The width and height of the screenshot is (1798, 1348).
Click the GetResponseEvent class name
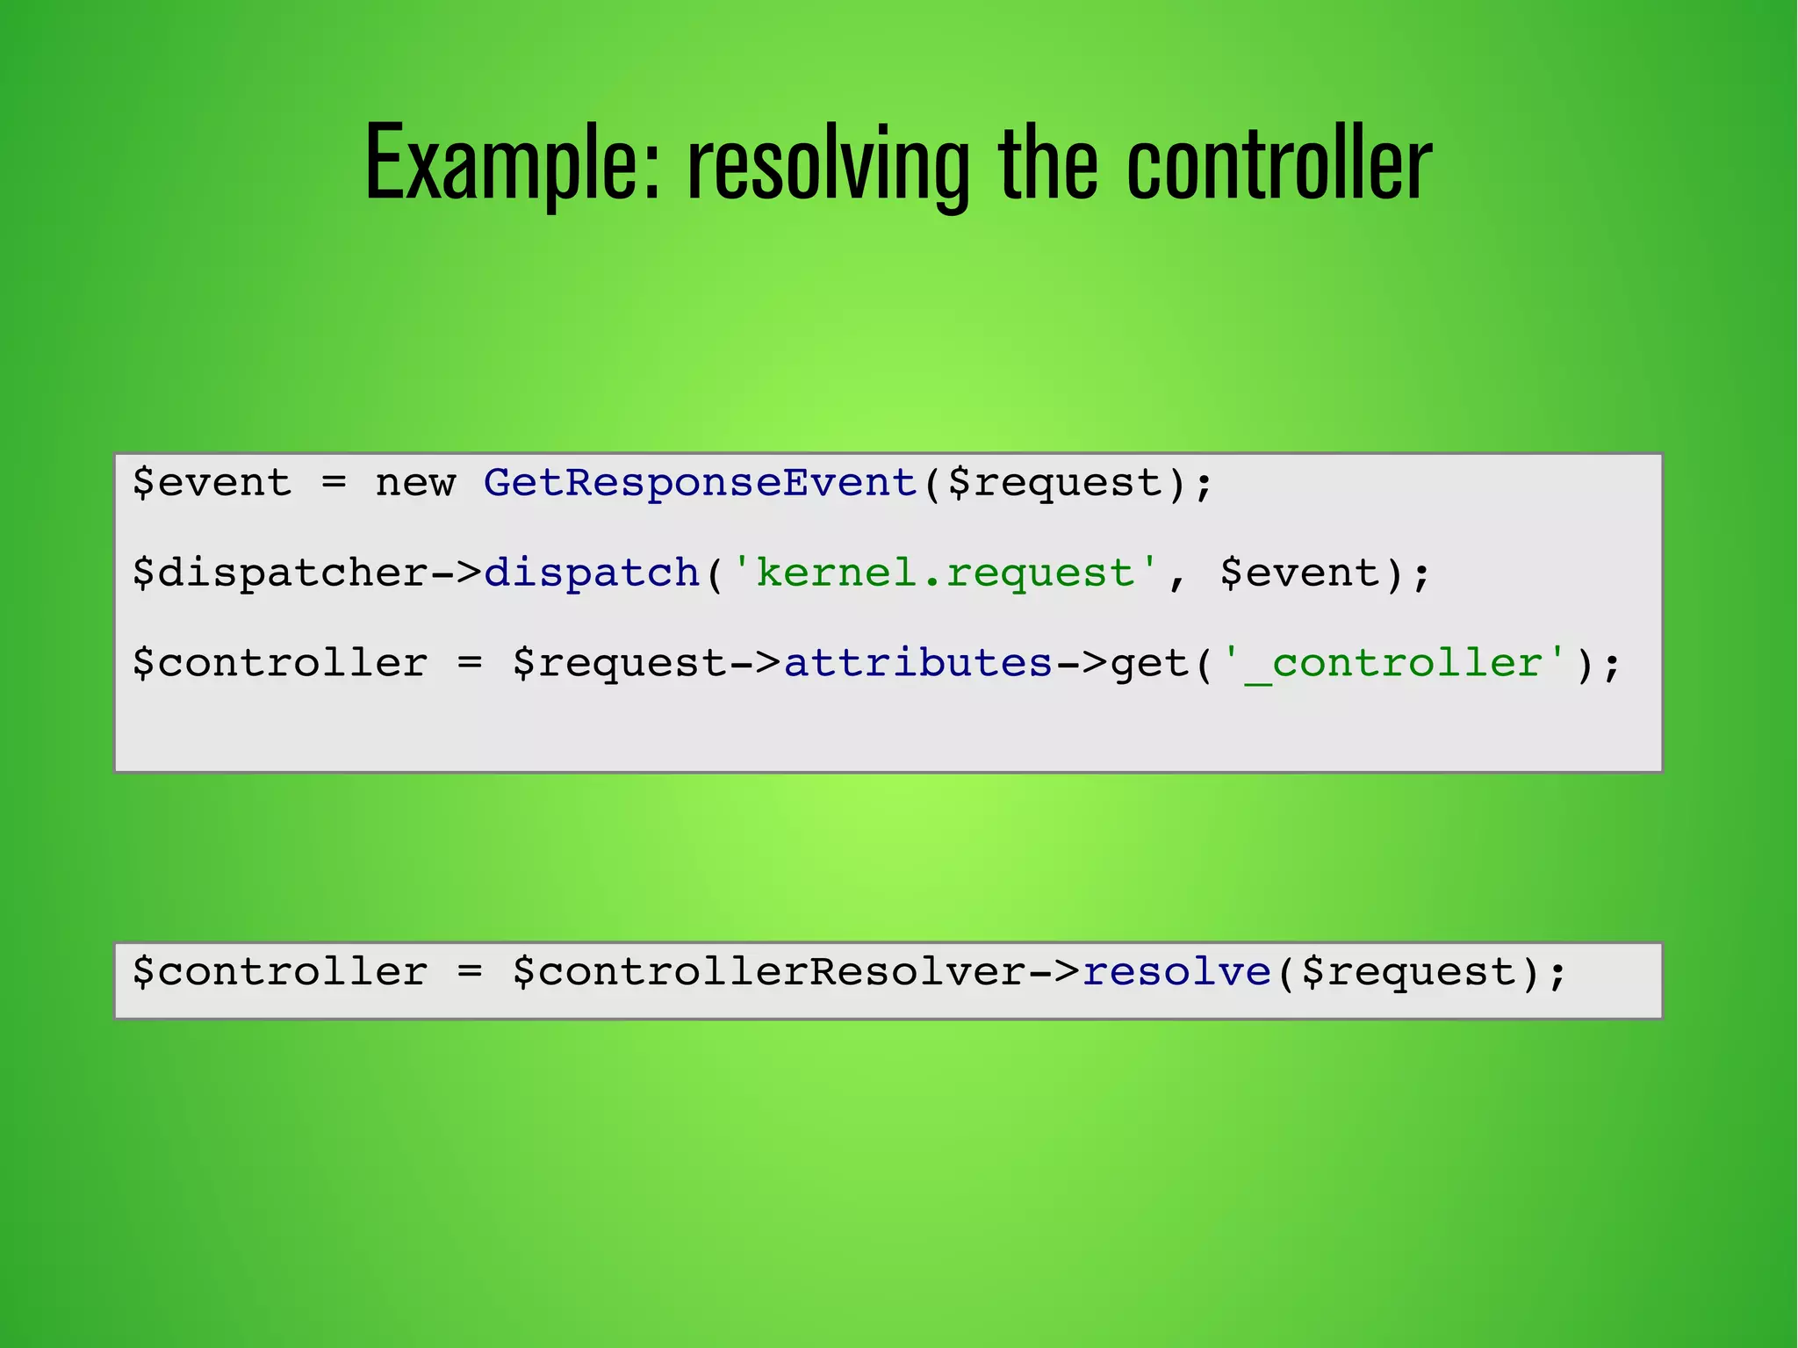click(701, 483)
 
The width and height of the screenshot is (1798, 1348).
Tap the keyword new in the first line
click(415, 483)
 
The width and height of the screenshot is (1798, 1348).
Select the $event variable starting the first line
click(212, 483)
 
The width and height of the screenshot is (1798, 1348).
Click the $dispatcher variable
click(280, 573)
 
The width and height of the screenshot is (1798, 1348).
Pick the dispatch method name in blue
click(592, 573)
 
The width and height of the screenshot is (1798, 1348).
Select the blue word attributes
click(917, 663)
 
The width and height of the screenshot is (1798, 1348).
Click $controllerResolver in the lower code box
click(769, 972)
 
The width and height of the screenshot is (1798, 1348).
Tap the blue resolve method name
click(1176, 972)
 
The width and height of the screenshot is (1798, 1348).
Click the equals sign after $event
click(334, 483)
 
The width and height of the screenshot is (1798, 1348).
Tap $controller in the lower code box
click(280, 972)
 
